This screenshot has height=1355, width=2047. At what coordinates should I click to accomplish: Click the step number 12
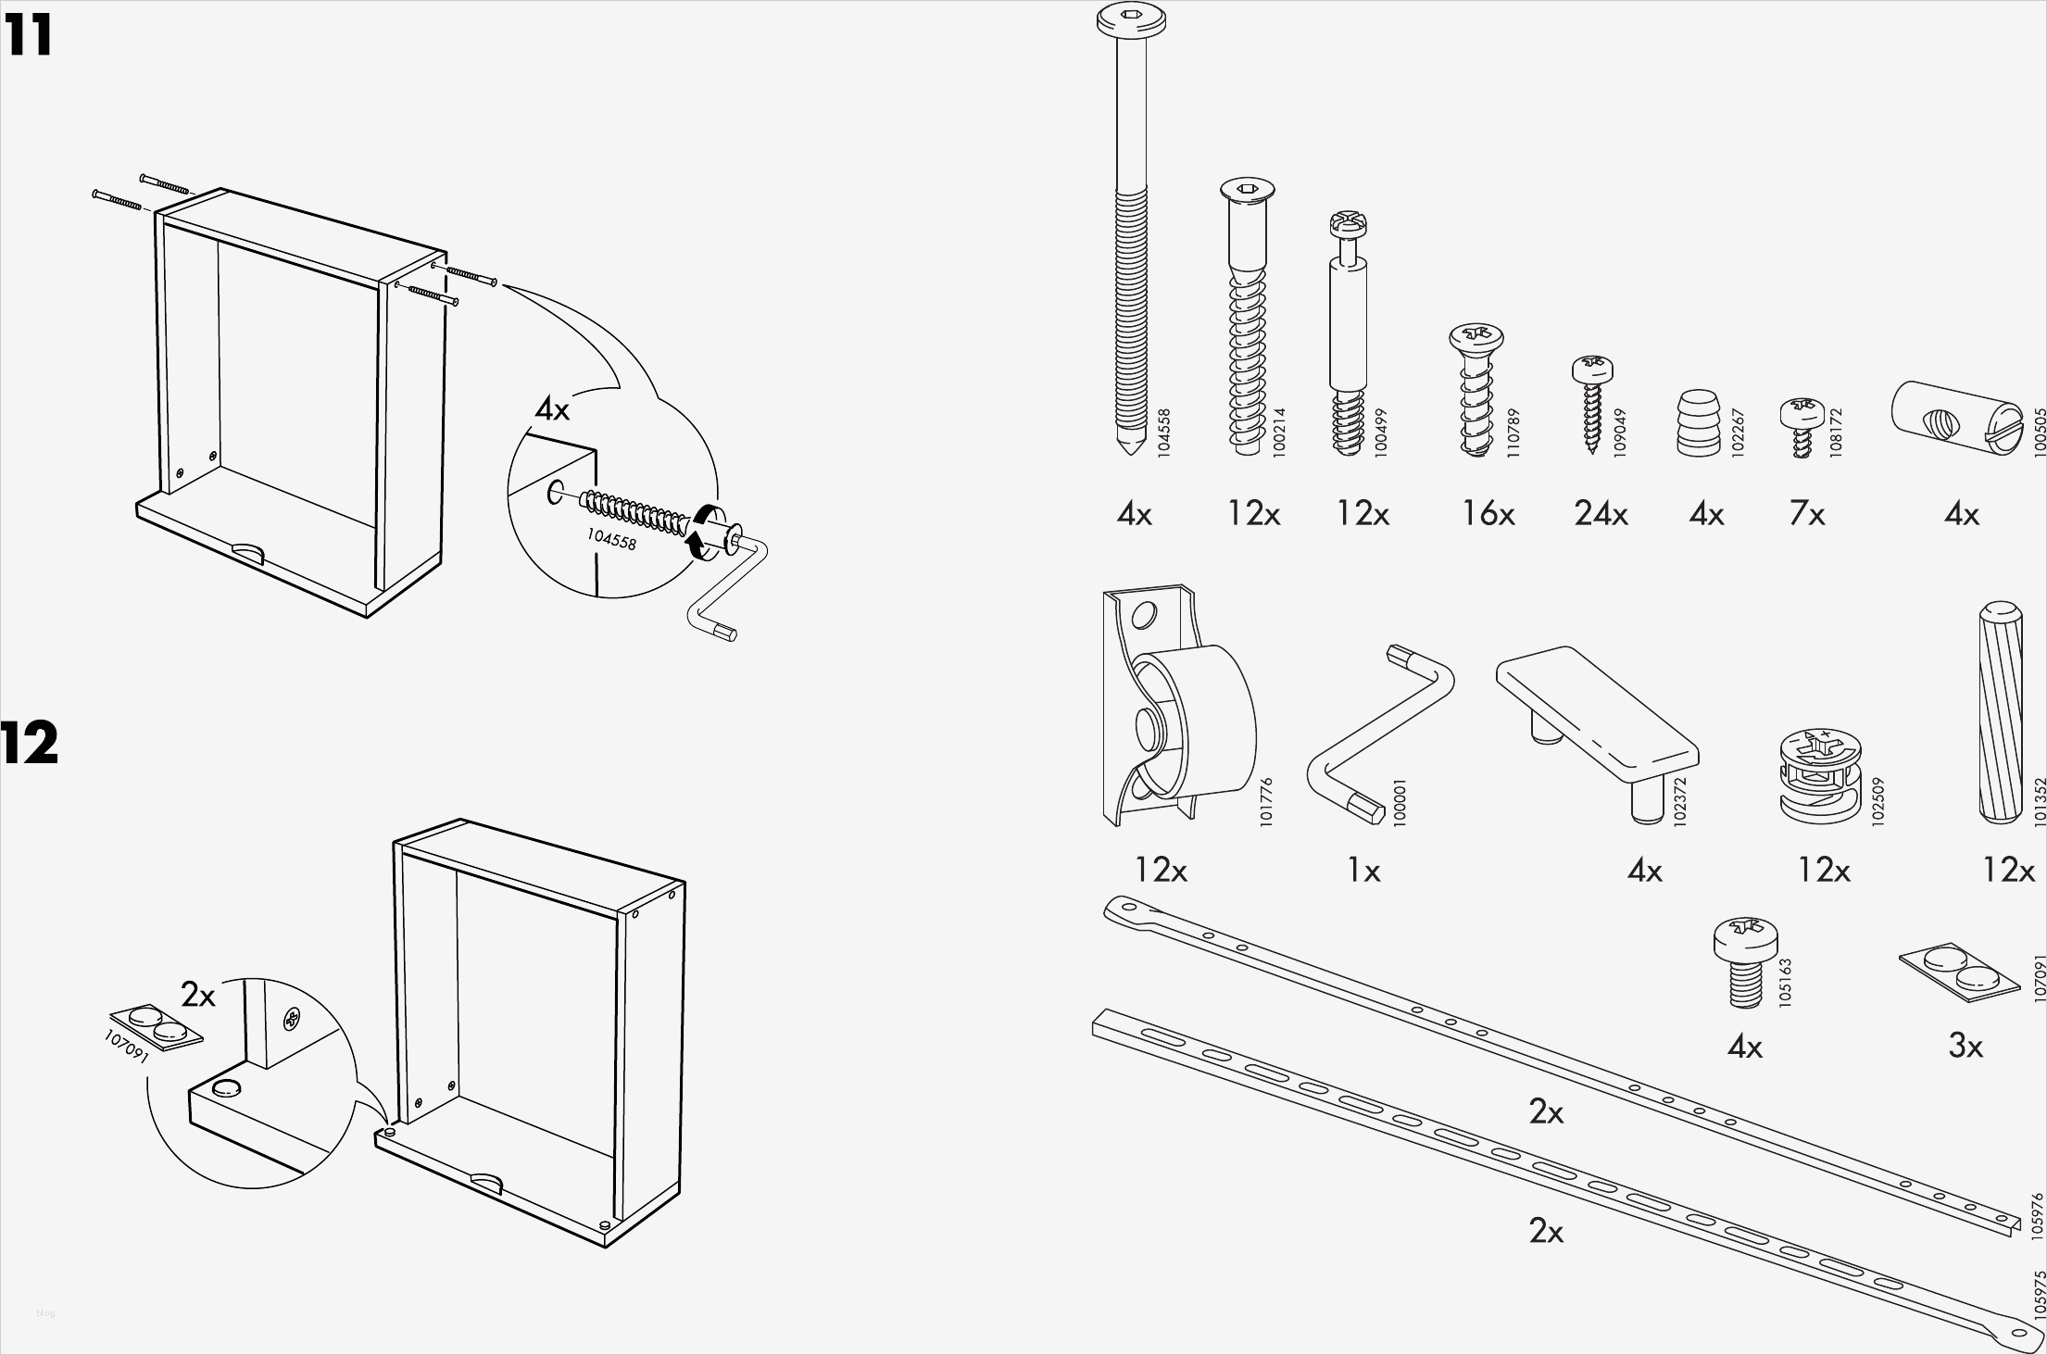30,744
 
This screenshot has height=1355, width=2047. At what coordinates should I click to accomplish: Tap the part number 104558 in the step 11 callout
611,538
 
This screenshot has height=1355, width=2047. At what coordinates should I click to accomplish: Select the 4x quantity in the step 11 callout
552,408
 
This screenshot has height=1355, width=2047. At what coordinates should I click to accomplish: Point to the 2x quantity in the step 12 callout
198,995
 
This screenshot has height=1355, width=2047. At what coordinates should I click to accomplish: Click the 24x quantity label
1601,513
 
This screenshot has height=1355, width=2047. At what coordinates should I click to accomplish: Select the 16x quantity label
1488,513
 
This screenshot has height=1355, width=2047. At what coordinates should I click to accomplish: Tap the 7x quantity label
1806,513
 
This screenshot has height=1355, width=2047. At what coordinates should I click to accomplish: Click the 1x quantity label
1363,870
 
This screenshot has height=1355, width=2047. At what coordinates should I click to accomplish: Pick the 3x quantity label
1965,1046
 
